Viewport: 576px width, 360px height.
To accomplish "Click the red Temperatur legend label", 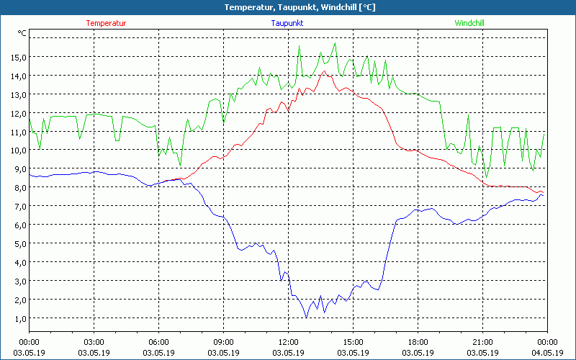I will click(106, 23).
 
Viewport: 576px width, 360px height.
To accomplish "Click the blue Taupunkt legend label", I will click(287, 23).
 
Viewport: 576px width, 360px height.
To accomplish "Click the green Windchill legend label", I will click(469, 23).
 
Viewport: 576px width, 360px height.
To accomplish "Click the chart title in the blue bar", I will click(289, 7).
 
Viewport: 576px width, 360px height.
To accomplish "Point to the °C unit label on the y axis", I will click(22, 33).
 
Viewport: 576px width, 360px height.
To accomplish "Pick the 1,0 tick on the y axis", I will click(19, 318).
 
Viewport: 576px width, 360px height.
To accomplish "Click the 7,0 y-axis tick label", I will click(19, 207).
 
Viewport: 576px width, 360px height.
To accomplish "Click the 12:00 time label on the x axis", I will click(288, 341).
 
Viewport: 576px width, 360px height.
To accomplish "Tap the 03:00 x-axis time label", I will click(94, 341).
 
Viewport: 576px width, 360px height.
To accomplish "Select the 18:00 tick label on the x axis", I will click(418, 341).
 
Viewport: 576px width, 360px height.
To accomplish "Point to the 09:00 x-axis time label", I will click(223, 341).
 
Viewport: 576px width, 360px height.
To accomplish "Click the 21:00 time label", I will click(482, 341).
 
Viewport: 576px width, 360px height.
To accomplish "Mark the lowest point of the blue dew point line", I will click(307, 318).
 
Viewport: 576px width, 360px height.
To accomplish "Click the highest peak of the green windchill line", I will click(335, 43).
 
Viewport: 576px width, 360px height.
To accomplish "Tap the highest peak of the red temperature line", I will click(325, 71).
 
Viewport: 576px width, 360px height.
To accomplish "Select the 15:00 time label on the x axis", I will click(353, 341).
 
